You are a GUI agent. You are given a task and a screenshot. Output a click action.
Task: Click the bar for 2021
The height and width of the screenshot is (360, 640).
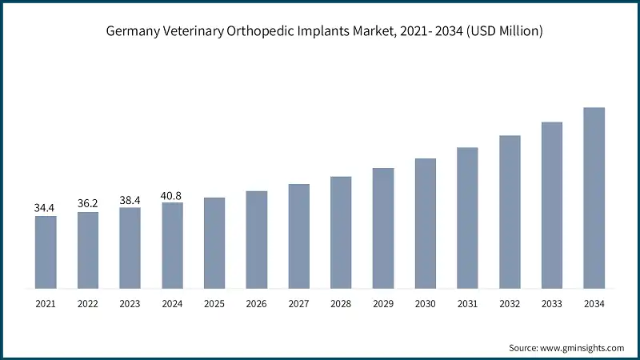point(46,252)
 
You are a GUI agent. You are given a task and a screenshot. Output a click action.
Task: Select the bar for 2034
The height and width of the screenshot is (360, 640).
point(594,198)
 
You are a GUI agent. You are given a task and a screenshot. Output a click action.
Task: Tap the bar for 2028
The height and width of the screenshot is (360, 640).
point(341,232)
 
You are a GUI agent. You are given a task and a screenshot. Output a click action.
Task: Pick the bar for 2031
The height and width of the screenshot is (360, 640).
point(467,218)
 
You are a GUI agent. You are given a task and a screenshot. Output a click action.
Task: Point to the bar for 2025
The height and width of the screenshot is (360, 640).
point(214,242)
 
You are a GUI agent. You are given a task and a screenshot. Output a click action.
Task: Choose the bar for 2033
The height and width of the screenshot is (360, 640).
point(552,205)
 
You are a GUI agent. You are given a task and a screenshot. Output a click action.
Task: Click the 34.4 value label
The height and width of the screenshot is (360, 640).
point(46,208)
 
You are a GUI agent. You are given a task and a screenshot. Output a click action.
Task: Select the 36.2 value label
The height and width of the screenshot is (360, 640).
point(88,203)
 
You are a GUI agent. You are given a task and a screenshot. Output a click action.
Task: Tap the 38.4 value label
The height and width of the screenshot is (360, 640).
point(130,200)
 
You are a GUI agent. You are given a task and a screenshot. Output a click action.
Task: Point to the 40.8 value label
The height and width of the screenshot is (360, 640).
point(172,194)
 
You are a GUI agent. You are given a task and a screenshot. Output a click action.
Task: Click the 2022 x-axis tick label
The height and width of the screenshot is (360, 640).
point(88,304)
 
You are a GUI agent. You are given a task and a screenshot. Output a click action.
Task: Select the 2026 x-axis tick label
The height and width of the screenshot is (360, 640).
point(257,304)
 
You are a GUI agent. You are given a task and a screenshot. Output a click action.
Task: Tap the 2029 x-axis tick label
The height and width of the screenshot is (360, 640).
point(383,304)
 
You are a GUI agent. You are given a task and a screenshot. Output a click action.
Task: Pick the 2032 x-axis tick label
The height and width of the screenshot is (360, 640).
point(510,304)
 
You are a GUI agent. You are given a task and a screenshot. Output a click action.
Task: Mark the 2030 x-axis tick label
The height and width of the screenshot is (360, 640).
point(425,304)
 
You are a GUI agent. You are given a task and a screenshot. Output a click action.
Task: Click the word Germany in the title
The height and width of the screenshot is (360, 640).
point(132,31)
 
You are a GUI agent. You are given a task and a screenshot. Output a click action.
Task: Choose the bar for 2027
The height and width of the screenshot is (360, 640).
point(298,236)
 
